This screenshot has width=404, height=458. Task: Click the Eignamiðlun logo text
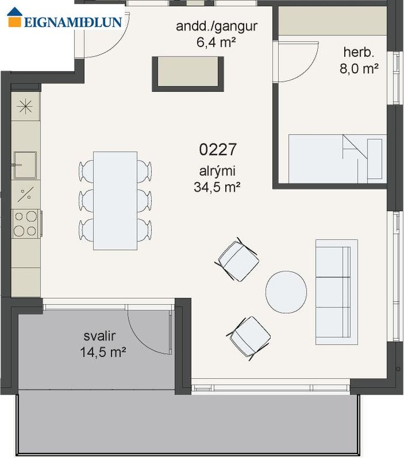tap(73, 22)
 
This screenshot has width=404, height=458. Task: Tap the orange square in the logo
tap(15, 22)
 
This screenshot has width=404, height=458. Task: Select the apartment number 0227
tap(217, 149)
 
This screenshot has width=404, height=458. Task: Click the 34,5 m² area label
tap(217, 186)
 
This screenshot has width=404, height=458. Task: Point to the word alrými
tap(217, 171)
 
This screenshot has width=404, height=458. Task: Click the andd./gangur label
tap(217, 26)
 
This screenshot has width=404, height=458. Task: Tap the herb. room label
tap(359, 53)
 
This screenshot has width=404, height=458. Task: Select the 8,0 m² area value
tap(359, 69)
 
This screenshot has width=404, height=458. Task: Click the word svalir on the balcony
tap(100, 336)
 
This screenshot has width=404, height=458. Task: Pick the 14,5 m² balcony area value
tap(103, 352)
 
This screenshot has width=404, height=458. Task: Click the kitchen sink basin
tap(25, 165)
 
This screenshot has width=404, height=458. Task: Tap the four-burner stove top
tap(26, 224)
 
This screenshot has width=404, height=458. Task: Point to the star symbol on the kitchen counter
tap(25, 106)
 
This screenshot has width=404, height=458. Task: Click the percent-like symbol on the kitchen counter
tap(25, 194)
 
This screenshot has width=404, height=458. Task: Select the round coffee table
tap(286, 292)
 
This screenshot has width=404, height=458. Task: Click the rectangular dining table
tap(115, 201)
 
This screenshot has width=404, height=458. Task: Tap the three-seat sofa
tap(336, 292)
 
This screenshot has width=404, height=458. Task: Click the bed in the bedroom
tap(338, 159)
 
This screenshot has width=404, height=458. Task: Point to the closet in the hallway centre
tap(188, 74)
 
